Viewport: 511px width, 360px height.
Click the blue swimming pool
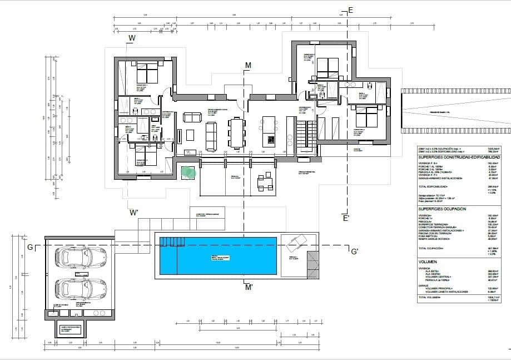(x=218, y=255)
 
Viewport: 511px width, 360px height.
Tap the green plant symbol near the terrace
(x=188, y=171)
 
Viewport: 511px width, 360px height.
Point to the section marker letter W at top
(x=132, y=38)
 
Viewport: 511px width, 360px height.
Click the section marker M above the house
(x=248, y=66)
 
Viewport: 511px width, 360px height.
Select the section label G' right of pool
(x=354, y=251)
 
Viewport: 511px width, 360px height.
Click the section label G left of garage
(x=29, y=246)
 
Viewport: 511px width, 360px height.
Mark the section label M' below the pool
(x=249, y=287)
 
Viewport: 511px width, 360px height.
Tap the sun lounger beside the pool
(x=294, y=243)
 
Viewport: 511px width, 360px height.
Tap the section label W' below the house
(x=134, y=213)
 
